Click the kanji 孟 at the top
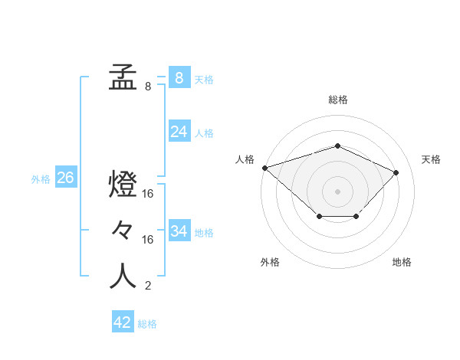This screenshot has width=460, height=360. coord(123,77)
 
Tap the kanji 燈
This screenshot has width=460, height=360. coord(123,185)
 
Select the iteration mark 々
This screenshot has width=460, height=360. coord(123,231)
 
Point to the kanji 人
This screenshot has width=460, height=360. coord(123,277)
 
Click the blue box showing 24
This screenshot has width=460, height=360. coord(179,132)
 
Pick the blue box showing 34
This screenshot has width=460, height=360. coord(179,231)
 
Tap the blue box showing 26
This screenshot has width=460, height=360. coord(65,178)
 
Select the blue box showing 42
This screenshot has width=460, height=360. coord(123,322)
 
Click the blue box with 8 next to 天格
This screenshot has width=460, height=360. coord(179,78)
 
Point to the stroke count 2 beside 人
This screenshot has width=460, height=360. coord(147,286)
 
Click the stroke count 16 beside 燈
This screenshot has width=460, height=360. coord(148,194)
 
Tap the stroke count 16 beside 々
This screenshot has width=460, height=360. coord(148,240)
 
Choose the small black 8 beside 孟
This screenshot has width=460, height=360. coord(147,87)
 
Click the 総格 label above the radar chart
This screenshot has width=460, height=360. coord(337,100)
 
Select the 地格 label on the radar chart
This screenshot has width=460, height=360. coord(402,262)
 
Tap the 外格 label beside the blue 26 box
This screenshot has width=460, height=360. coord(41,179)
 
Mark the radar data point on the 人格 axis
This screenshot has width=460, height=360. coord(264,167)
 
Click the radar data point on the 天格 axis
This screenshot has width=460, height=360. coord(396,172)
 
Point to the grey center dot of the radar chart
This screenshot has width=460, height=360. coord(337,191)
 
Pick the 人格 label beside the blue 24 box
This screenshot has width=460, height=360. coord(205,133)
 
